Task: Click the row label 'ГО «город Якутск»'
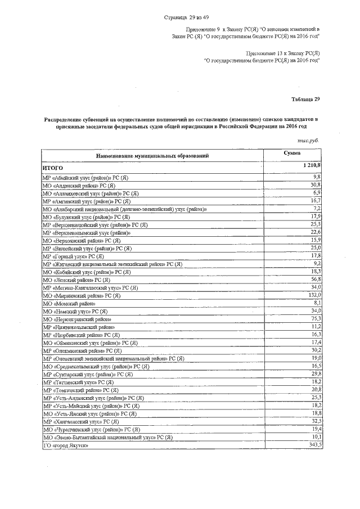click(66, 445)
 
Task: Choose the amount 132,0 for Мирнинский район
click(313, 295)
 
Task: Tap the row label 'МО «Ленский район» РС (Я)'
click(76, 280)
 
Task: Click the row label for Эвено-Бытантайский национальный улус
click(107, 437)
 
